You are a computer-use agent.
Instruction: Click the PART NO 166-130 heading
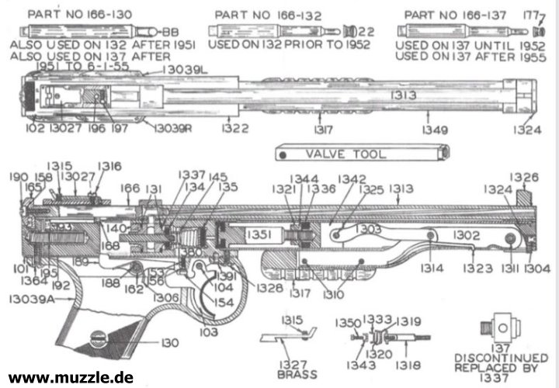tap(68, 14)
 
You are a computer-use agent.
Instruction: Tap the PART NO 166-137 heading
tap(453, 14)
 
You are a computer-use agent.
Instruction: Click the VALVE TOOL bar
tap(362, 153)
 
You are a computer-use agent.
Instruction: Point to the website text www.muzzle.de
tap(71, 378)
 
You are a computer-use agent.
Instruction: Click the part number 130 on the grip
tap(169, 342)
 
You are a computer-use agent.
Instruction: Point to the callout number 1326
tap(525, 178)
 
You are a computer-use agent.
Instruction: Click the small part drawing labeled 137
tap(499, 324)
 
